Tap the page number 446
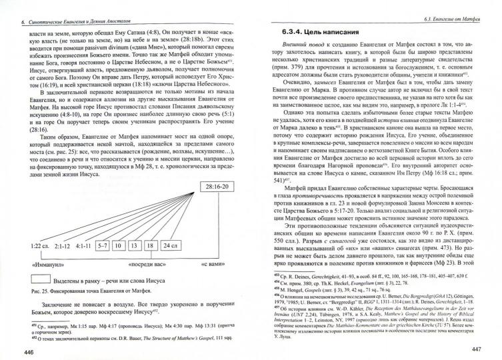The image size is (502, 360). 29,351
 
